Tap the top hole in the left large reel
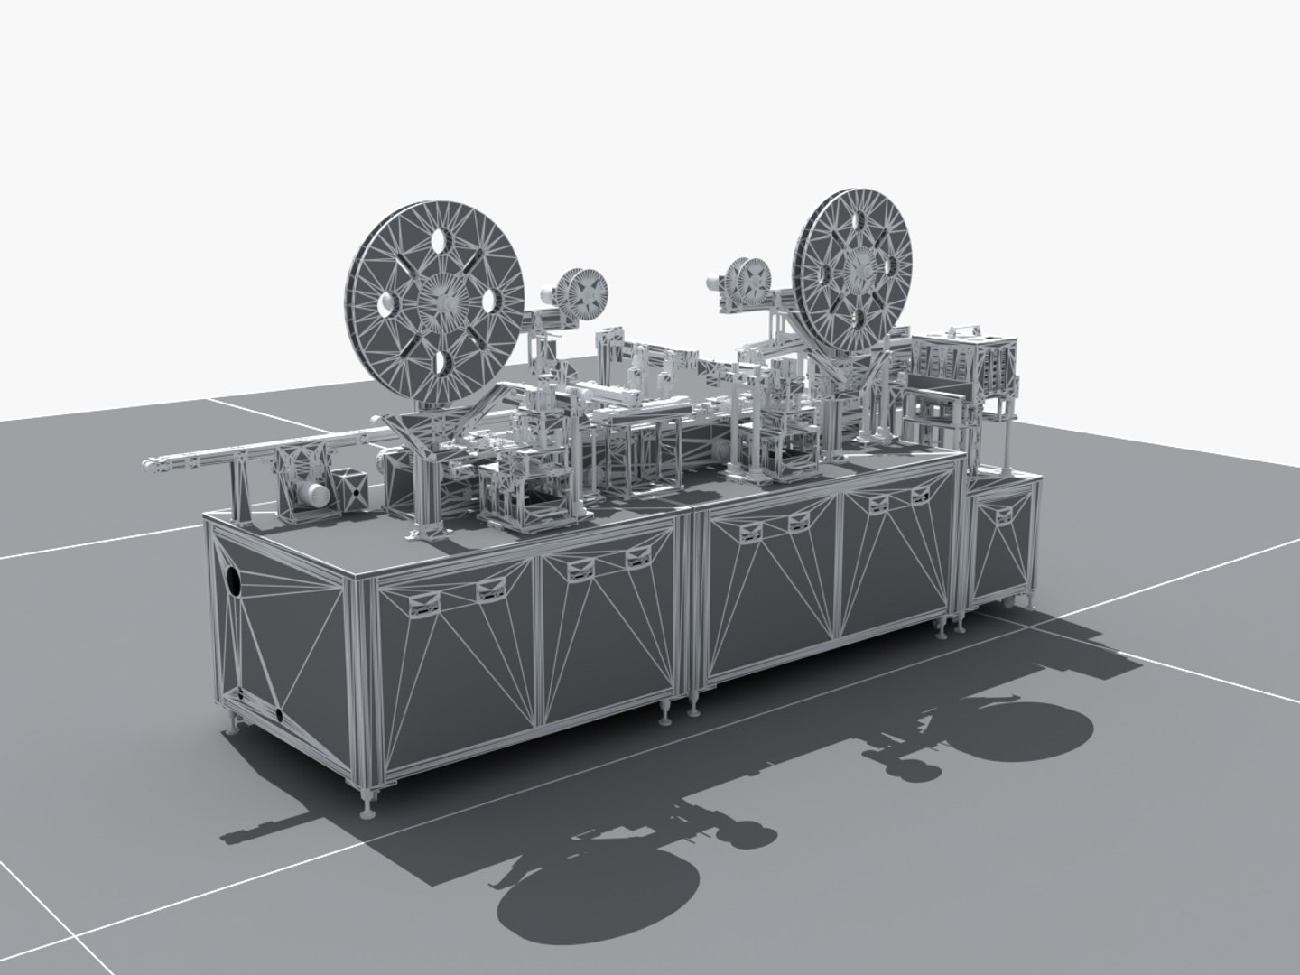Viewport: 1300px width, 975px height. tap(441, 241)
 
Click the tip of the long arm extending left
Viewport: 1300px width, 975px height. tap(146, 466)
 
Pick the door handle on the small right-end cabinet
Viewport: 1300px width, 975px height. tap(1002, 515)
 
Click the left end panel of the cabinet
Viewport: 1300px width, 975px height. tap(284, 632)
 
